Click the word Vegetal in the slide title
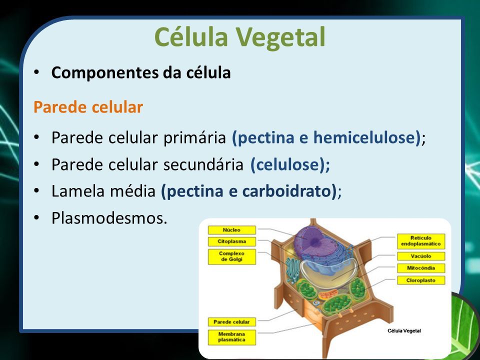pyautogui.click(x=280, y=37)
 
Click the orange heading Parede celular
pyautogui.click(x=88, y=107)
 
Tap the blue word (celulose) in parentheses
pyautogui.click(x=290, y=164)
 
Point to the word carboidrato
pyautogui.click(x=287, y=191)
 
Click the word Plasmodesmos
pyautogui.click(x=109, y=218)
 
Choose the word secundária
pyautogui.click(x=203, y=164)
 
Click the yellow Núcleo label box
pyautogui.click(x=231, y=230)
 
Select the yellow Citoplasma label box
pyautogui.click(x=231, y=241)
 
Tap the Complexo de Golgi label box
pyautogui.click(x=231, y=256)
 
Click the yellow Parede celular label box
pyautogui.click(x=231, y=322)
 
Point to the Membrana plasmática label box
pyautogui.click(x=231, y=337)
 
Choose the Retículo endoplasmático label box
pyautogui.click(x=421, y=241)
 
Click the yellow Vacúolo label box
pyautogui.click(x=421, y=256)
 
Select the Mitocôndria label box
pyautogui.click(x=421, y=268)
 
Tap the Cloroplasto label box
pyautogui.click(x=421, y=280)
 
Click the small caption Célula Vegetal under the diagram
pyautogui.click(x=404, y=330)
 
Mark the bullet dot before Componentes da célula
pyautogui.click(x=36, y=72)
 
